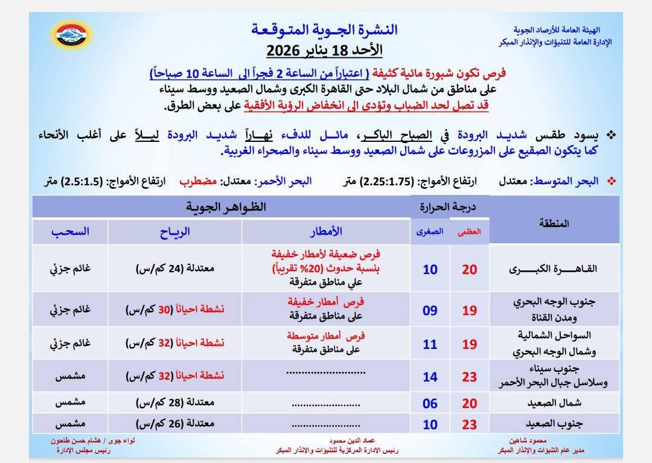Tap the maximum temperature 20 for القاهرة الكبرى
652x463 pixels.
click(469, 269)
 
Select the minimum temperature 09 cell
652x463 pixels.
click(430, 310)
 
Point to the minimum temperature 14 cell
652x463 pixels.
click(430, 376)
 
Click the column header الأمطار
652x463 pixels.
click(326, 231)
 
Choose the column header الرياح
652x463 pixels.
click(175, 231)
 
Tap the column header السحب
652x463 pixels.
click(70, 231)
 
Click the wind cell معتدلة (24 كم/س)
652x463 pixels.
click(175, 269)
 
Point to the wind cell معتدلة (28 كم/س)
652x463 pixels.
click(175, 404)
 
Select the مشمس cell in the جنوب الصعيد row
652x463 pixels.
click(70, 424)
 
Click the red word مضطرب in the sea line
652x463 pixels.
click(199, 181)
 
